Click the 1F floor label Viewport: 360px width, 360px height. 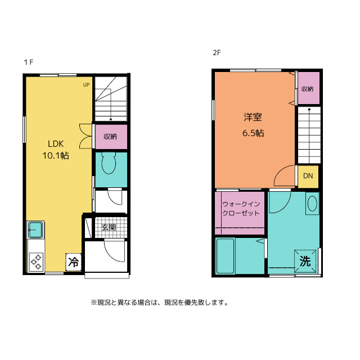29,62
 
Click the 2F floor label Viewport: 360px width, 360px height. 217,53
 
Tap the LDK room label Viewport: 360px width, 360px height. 56,144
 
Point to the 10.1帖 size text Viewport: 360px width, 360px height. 56,156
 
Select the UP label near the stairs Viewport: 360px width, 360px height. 86,85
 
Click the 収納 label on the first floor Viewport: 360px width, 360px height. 110,137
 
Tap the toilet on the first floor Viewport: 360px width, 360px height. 109,163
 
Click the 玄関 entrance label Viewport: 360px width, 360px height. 109,227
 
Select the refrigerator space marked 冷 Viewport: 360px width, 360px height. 74,262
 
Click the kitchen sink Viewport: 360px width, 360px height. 35,230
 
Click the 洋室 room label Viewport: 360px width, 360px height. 253,117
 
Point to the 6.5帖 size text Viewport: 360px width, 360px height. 253,133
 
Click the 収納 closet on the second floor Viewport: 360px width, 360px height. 309,88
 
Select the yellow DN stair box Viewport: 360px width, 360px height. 308,176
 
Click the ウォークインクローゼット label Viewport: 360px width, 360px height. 241,209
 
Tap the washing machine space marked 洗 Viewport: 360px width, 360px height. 305,261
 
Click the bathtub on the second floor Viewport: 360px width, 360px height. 225,256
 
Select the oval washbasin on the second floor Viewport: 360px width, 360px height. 312,204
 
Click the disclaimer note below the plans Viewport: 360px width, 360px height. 160,303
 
